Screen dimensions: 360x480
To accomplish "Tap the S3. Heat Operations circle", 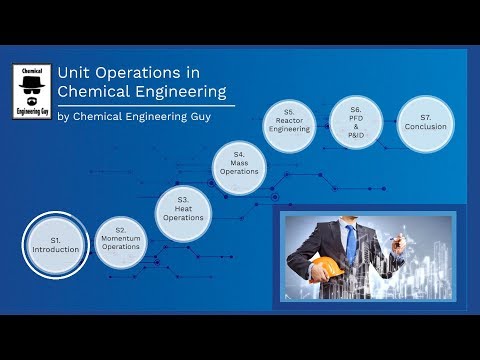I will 184,210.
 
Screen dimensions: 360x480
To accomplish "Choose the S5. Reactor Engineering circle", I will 288,123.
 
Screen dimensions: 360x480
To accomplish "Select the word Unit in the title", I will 72,74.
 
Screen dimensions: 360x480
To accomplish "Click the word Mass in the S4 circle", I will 240,164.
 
